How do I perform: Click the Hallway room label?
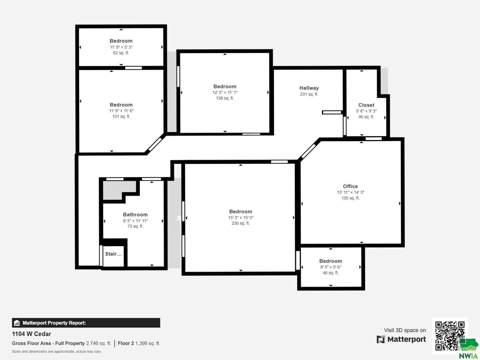click(309, 88)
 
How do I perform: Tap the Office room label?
click(350, 186)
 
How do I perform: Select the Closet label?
click(366, 105)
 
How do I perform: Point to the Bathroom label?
click(135, 214)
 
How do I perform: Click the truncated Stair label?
click(113, 254)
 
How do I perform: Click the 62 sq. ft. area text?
click(121, 53)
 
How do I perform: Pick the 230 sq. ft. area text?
click(241, 223)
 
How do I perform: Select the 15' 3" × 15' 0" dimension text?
click(241, 217)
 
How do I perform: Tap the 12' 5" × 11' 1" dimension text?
click(225, 92)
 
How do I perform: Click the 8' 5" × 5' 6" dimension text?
click(331, 267)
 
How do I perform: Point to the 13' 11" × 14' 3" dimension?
click(350, 192)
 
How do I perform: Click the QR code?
click(450, 335)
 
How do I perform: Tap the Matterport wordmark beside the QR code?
click(406, 339)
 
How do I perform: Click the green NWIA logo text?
click(468, 356)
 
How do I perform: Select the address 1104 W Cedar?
click(31, 334)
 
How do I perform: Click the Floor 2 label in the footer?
click(126, 343)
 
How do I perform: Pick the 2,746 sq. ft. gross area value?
click(98, 343)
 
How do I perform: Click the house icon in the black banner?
click(17, 323)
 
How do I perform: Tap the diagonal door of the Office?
click(308, 151)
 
